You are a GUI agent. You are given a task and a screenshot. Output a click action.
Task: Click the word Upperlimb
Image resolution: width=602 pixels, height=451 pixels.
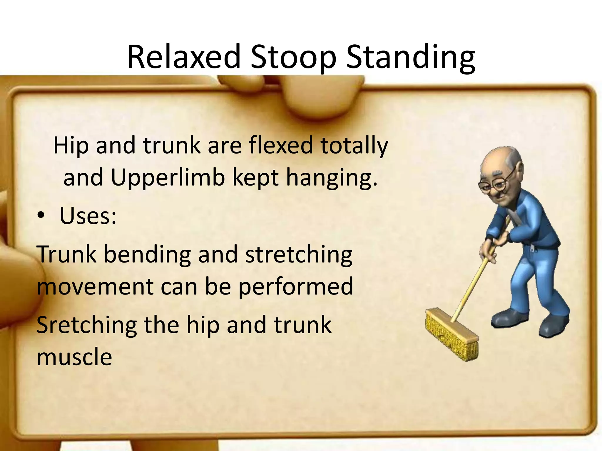[x=168, y=178]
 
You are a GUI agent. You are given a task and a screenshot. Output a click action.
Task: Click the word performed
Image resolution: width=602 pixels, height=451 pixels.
[x=295, y=286]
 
